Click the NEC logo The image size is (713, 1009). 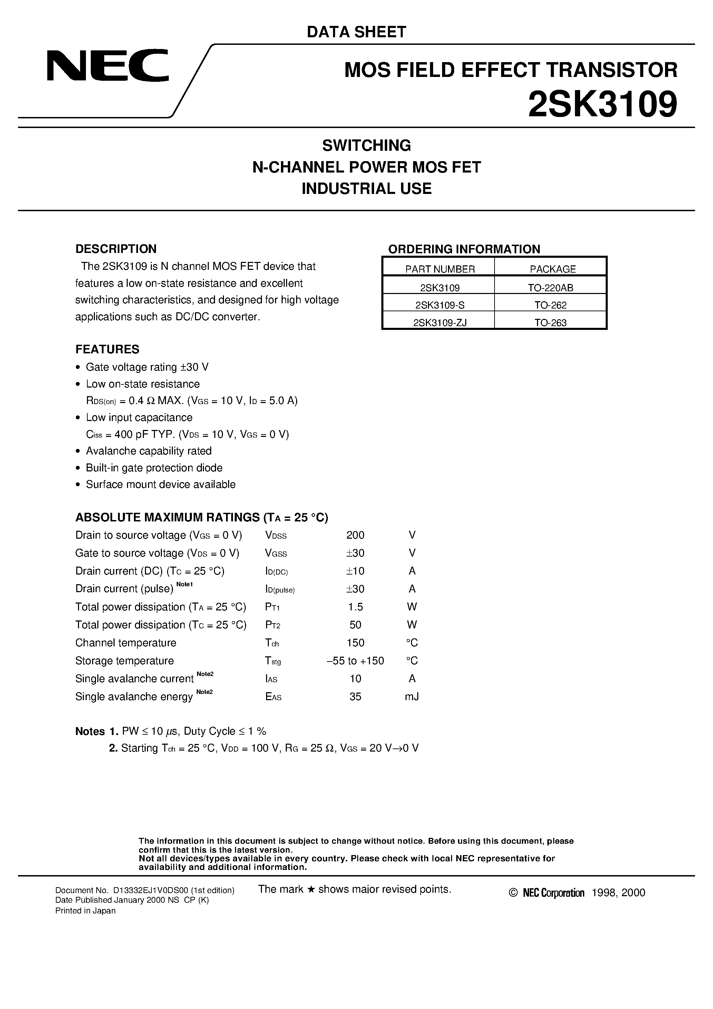click(x=108, y=66)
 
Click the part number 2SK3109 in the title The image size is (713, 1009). click(x=602, y=104)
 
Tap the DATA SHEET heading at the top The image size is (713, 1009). click(x=356, y=32)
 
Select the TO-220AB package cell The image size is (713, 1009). click(x=550, y=288)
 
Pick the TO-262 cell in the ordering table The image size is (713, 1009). click(x=550, y=305)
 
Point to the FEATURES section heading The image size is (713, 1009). click(x=107, y=349)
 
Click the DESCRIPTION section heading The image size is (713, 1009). click(x=116, y=249)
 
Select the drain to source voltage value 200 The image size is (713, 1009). click(x=355, y=535)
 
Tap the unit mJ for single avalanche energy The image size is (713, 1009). click(x=411, y=697)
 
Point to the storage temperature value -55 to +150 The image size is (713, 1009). click(x=355, y=661)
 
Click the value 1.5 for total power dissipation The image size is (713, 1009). click(x=355, y=607)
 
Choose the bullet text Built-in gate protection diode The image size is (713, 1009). click(x=154, y=468)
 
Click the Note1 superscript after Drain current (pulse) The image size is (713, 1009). click(x=185, y=584)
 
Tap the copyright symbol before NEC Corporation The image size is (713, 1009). click(x=513, y=893)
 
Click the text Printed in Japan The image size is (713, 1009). click(x=85, y=911)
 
